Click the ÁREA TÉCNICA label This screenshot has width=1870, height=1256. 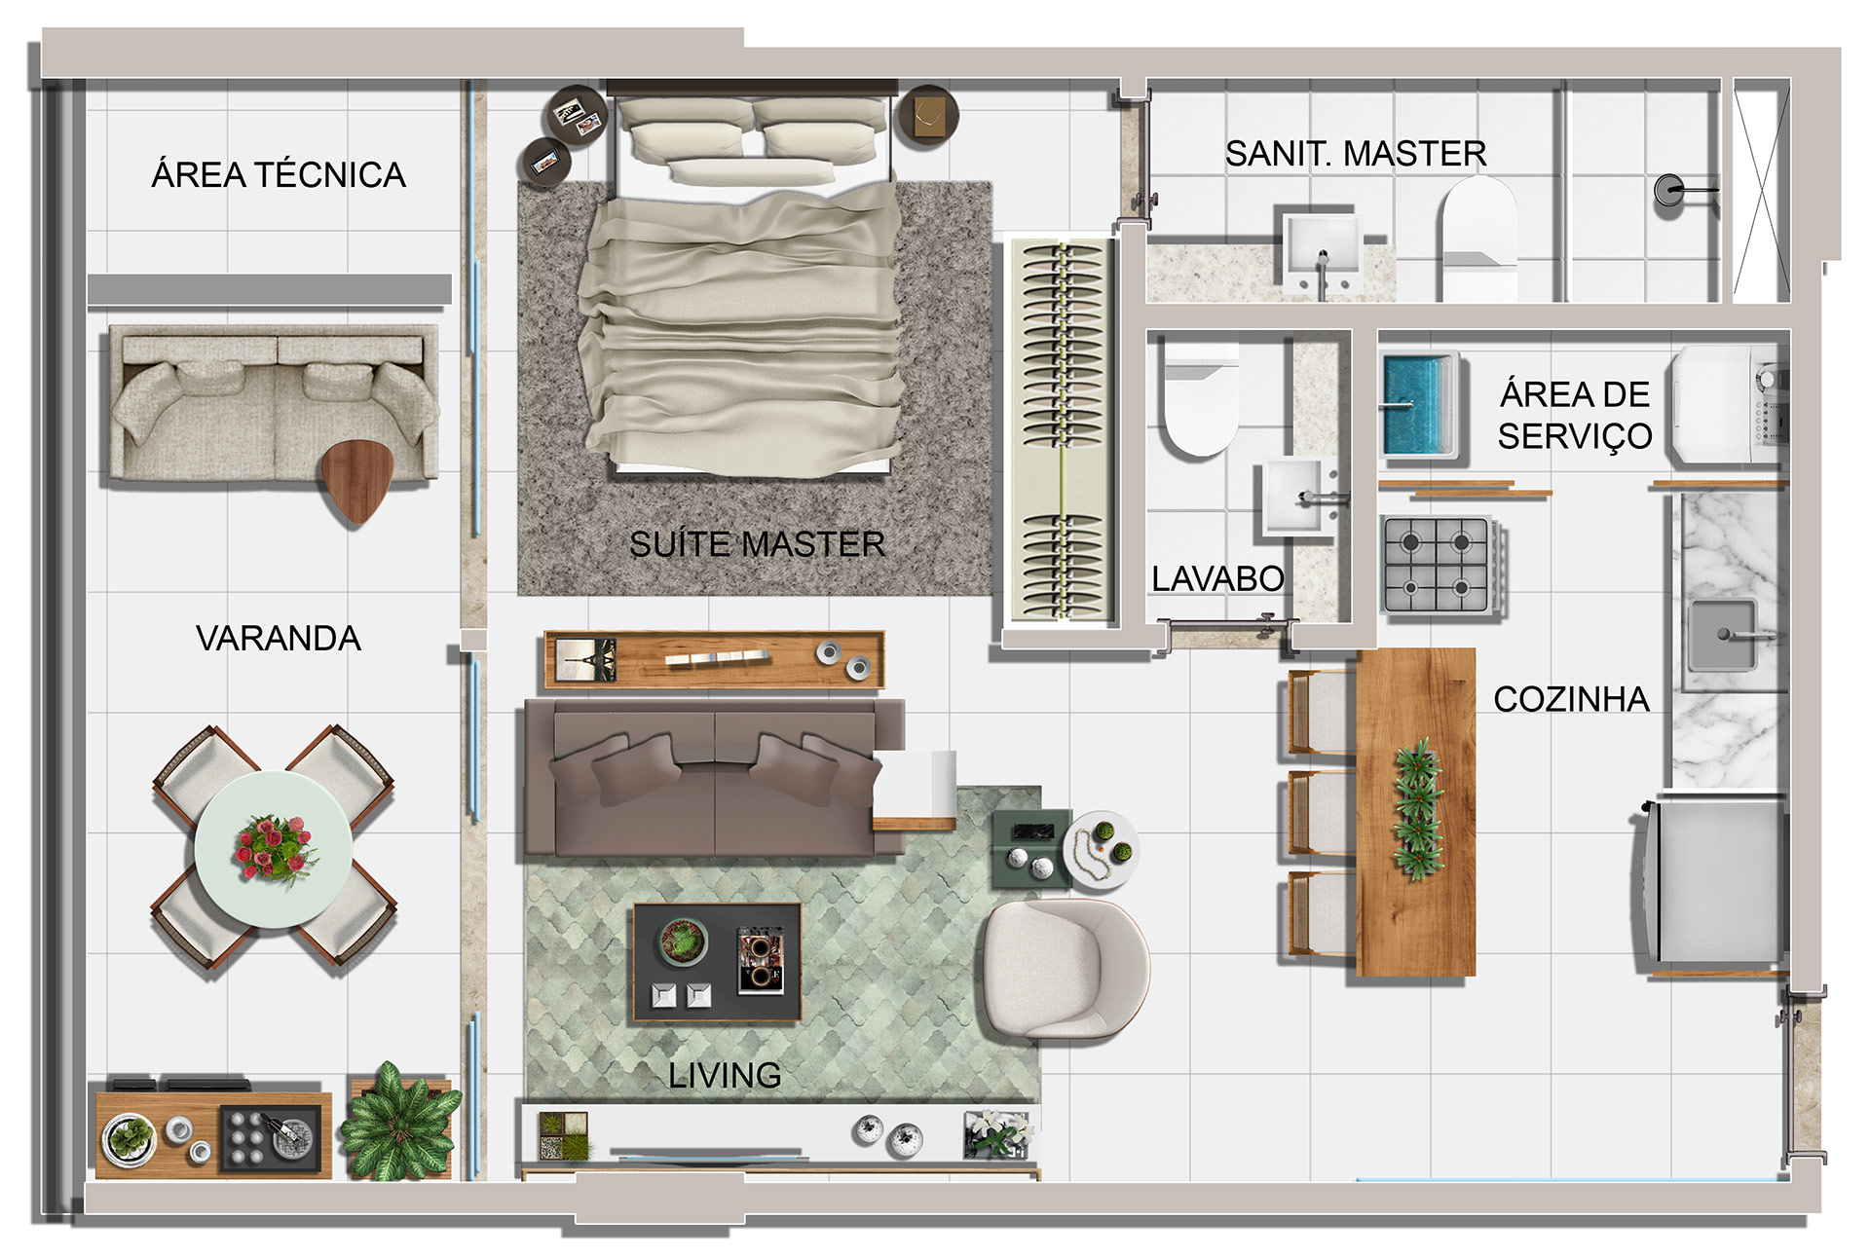pyautogui.click(x=279, y=174)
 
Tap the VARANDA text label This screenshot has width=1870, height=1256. pyautogui.click(x=279, y=639)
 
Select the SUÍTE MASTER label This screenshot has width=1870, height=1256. pyautogui.click(x=757, y=543)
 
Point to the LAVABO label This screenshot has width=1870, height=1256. pyautogui.click(x=1217, y=578)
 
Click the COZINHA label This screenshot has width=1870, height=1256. pyautogui.click(x=1571, y=699)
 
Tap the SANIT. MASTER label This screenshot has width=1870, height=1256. pyautogui.click(x=1356, y=154)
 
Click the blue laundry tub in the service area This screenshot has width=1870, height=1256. pyautogui.click(x=1420, y=405)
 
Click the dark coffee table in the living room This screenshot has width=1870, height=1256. pyautogui.click(x=718, y=962)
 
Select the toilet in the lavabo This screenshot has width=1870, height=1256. pyautogui.click(x=1200, y=398)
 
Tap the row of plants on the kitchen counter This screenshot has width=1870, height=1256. pyautogui.click(x=1418, y=809)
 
